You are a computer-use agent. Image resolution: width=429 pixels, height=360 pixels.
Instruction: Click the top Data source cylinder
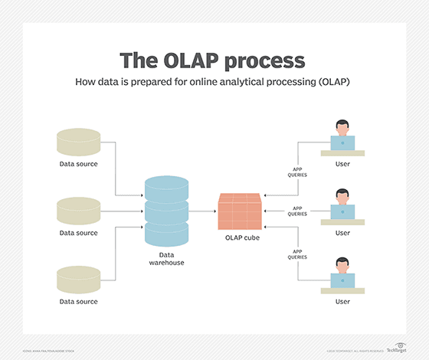click(78, 142)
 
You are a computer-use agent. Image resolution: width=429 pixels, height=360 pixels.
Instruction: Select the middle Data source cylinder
click(78, 211)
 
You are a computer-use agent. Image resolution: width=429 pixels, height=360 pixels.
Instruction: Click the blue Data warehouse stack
click(166, 211)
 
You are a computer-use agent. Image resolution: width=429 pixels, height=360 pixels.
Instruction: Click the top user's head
click(342, 127)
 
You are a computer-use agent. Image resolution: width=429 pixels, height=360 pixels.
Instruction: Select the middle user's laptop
click(343, 212)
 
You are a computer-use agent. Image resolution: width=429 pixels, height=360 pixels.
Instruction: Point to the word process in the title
click(261, 61)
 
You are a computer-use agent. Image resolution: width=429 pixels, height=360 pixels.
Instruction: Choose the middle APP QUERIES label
click(297, 211)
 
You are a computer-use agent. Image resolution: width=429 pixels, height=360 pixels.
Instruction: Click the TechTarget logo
click(399, 348)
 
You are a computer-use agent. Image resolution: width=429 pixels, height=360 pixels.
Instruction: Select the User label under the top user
click(342, 163)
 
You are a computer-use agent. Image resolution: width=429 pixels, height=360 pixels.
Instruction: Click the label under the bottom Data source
click(78, 302)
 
